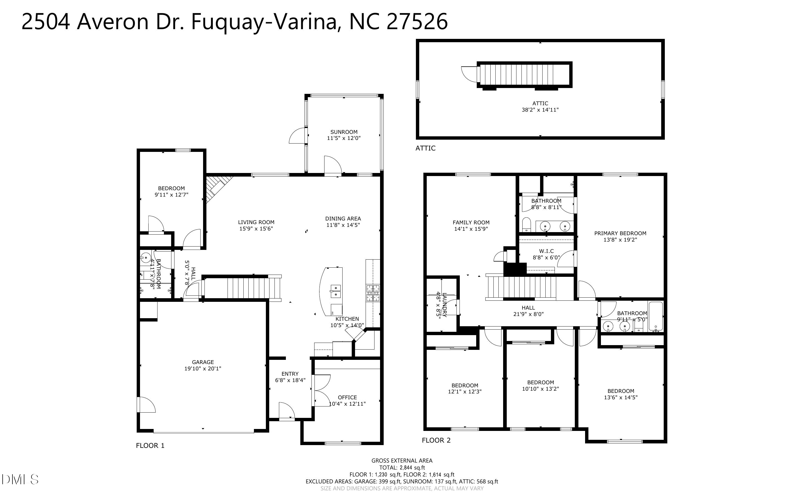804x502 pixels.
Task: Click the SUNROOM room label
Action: click(344, 132)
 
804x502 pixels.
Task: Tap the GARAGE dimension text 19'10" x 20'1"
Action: click(203, 368)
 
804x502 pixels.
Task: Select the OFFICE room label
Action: click(347, 397)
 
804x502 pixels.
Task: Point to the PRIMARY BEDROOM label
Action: click(620, 234)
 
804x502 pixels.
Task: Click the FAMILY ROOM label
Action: click(471, 222)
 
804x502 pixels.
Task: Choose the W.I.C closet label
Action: click(546, 251)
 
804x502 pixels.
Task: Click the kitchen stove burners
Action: click(373, 293)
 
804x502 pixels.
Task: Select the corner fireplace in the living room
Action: click(218, 189)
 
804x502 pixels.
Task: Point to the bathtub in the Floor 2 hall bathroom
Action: click(656, 316)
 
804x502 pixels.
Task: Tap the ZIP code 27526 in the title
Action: click(417, 22)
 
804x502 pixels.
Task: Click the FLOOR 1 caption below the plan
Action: click(150, 446)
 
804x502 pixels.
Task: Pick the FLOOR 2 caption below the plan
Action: click(436, 440)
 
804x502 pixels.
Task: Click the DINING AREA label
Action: click(343, 219)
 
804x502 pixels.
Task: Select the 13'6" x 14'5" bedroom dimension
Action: click(621, 397)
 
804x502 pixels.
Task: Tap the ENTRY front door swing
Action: click(287, 410)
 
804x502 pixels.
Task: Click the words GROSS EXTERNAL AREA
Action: click(402, 461)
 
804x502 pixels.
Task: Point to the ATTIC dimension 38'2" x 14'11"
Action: click(540, 110)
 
